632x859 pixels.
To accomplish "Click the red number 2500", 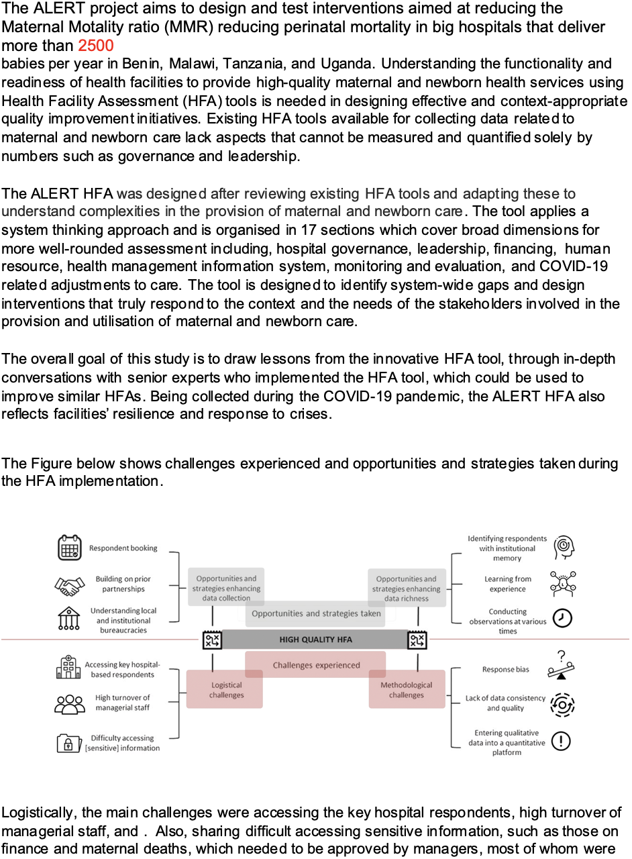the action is pyautogui.click(x=96, y=46).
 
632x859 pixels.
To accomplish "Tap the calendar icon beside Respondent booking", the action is pyautogui.click(x=69, y=547).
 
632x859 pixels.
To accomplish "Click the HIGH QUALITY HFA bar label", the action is pyautogui.click(x=315, y=640).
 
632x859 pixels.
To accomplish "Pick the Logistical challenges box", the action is pyautogui.click(x=225, y=689).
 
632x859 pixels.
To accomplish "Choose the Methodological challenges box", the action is pyautogui.click(x=407, y=689).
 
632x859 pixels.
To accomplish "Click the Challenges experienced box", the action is pyautogui.click(x=315, y=664).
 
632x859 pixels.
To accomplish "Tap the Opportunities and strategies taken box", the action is pyautogui.click(x=315, y=613).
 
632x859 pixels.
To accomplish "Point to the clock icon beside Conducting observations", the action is pyautogui.click(x=562, y=618).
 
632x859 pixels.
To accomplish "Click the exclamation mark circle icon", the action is pyautogui.click(x=561, y=740).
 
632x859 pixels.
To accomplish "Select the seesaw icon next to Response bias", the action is pyautogui.click(x=561, y=665).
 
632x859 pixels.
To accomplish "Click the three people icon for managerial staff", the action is pyautogui.click(x=70, y=704).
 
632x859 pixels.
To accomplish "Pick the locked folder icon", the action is pyautogui.click(x=69, y=743).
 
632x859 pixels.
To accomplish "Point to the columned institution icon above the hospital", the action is pyautogui.click(x=69, y=618).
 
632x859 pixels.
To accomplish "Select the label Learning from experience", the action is pyautogui.click(x=507, y=584).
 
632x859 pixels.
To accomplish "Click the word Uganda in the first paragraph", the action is pyautogui.click(x=346, y=64).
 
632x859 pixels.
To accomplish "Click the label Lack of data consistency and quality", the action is pyautogui.click(x=505, y=703).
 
